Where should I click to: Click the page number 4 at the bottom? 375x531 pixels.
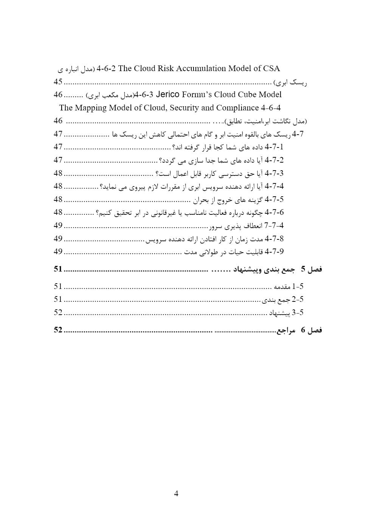176,493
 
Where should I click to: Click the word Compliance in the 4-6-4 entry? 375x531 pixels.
237,108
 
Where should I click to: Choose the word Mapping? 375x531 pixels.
91,108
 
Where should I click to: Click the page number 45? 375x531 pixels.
58,82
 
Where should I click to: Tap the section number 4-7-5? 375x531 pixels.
274,199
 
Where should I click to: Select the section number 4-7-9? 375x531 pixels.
274,252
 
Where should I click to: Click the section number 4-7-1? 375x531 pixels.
274,147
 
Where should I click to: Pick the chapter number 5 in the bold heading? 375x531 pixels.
303,269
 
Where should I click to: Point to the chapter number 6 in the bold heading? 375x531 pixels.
303,330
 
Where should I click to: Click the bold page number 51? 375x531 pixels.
58,269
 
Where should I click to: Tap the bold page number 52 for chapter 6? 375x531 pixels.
58,330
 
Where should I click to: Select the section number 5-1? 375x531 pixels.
298,286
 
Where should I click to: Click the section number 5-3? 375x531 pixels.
298,312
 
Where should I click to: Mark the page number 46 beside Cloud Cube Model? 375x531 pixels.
58,95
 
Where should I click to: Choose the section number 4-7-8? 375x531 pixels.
274,239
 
